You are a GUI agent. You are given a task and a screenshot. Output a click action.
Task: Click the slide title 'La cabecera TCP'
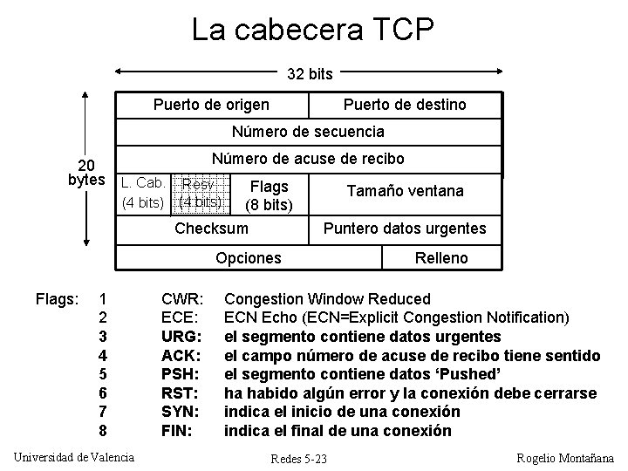[313, 31]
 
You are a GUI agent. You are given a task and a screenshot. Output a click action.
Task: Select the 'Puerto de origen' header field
[211, 105]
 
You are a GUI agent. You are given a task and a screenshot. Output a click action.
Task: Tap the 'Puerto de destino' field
[405, 105]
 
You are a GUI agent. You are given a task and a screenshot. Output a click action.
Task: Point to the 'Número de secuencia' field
[308, 132]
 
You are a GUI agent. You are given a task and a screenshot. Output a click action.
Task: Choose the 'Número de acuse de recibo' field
[309, 160]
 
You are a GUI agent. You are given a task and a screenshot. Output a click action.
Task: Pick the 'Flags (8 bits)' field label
[269, 196]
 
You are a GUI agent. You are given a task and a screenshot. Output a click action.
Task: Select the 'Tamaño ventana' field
[405, 190]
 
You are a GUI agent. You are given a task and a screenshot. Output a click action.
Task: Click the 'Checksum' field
[211, 229]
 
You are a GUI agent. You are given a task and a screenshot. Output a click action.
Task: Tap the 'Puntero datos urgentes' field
[405, 229]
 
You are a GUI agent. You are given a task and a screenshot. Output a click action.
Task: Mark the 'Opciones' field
[249, 258]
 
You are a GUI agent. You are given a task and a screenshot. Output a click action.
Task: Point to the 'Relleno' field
[442, 258]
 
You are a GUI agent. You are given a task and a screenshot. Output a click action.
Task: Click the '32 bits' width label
[309, 74]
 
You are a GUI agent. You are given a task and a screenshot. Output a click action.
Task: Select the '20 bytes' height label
[86, 173]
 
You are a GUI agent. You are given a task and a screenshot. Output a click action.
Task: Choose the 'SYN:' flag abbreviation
[182, 411]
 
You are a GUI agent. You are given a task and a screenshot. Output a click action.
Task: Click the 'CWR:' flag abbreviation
[183, 299]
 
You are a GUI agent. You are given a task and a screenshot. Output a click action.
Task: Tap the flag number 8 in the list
[103, 430]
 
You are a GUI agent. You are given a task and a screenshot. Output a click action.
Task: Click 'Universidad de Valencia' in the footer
[75, 456]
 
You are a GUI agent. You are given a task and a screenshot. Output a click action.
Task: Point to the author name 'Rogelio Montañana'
[565, 458]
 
